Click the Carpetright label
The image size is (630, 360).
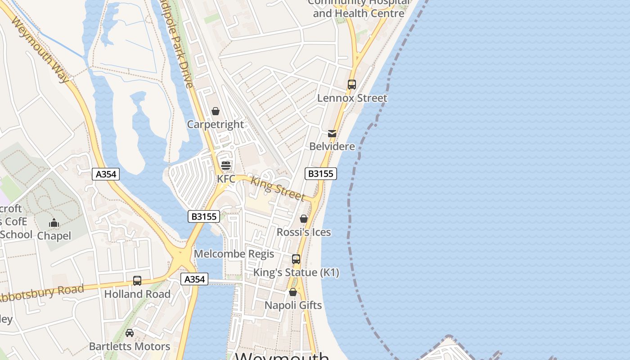tap(215, 124)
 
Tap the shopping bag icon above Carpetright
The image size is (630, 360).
tap(216, 111)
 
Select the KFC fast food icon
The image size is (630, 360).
tap(225, 165)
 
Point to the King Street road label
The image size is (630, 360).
tap(277, 188)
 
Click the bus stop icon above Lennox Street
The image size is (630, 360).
tap(352, 84)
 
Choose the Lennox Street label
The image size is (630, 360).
tap(352, 98)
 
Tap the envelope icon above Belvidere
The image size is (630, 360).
tap(332, 133)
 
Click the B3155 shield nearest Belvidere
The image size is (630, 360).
tap(320, 174)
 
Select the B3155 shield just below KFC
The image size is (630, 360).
tap(204, 216)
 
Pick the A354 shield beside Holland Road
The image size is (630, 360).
tap(194, 279)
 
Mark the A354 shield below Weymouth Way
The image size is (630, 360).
tap(106, 174)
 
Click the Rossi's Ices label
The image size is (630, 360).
tap(304, 232)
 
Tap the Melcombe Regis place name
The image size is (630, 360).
tap(234, 254)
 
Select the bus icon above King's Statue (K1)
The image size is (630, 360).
tap(296, 259)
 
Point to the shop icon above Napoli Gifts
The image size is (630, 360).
tap(293, 292)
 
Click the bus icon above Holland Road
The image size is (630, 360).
tap(137, 281)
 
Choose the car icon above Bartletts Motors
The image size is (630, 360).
tap(130, 333)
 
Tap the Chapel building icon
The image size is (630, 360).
tap(54, 223)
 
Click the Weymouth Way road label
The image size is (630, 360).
tap(40, 49)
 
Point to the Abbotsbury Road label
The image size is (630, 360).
tap(43, 293)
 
